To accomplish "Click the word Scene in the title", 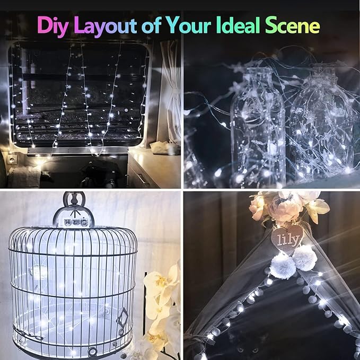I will (291, 25).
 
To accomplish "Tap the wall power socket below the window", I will (12, 159).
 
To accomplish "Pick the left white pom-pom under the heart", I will (279, 265).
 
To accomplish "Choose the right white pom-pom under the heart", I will (305, 258).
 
